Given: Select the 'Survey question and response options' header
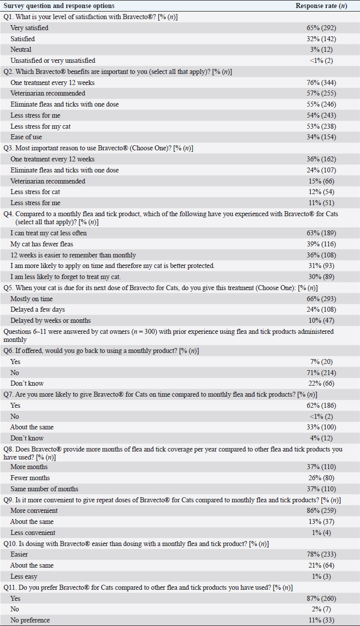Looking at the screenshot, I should point(59,6).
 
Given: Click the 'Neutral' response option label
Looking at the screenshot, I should point(21,50).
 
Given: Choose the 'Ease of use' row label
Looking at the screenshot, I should point(27,137).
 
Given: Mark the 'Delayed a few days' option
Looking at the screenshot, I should point(38,310).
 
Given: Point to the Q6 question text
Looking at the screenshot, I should point(101,350).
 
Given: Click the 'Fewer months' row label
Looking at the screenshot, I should point(30,478).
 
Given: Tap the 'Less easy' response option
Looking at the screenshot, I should point(24,577).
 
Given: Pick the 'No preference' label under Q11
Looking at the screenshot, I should point(30,620).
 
